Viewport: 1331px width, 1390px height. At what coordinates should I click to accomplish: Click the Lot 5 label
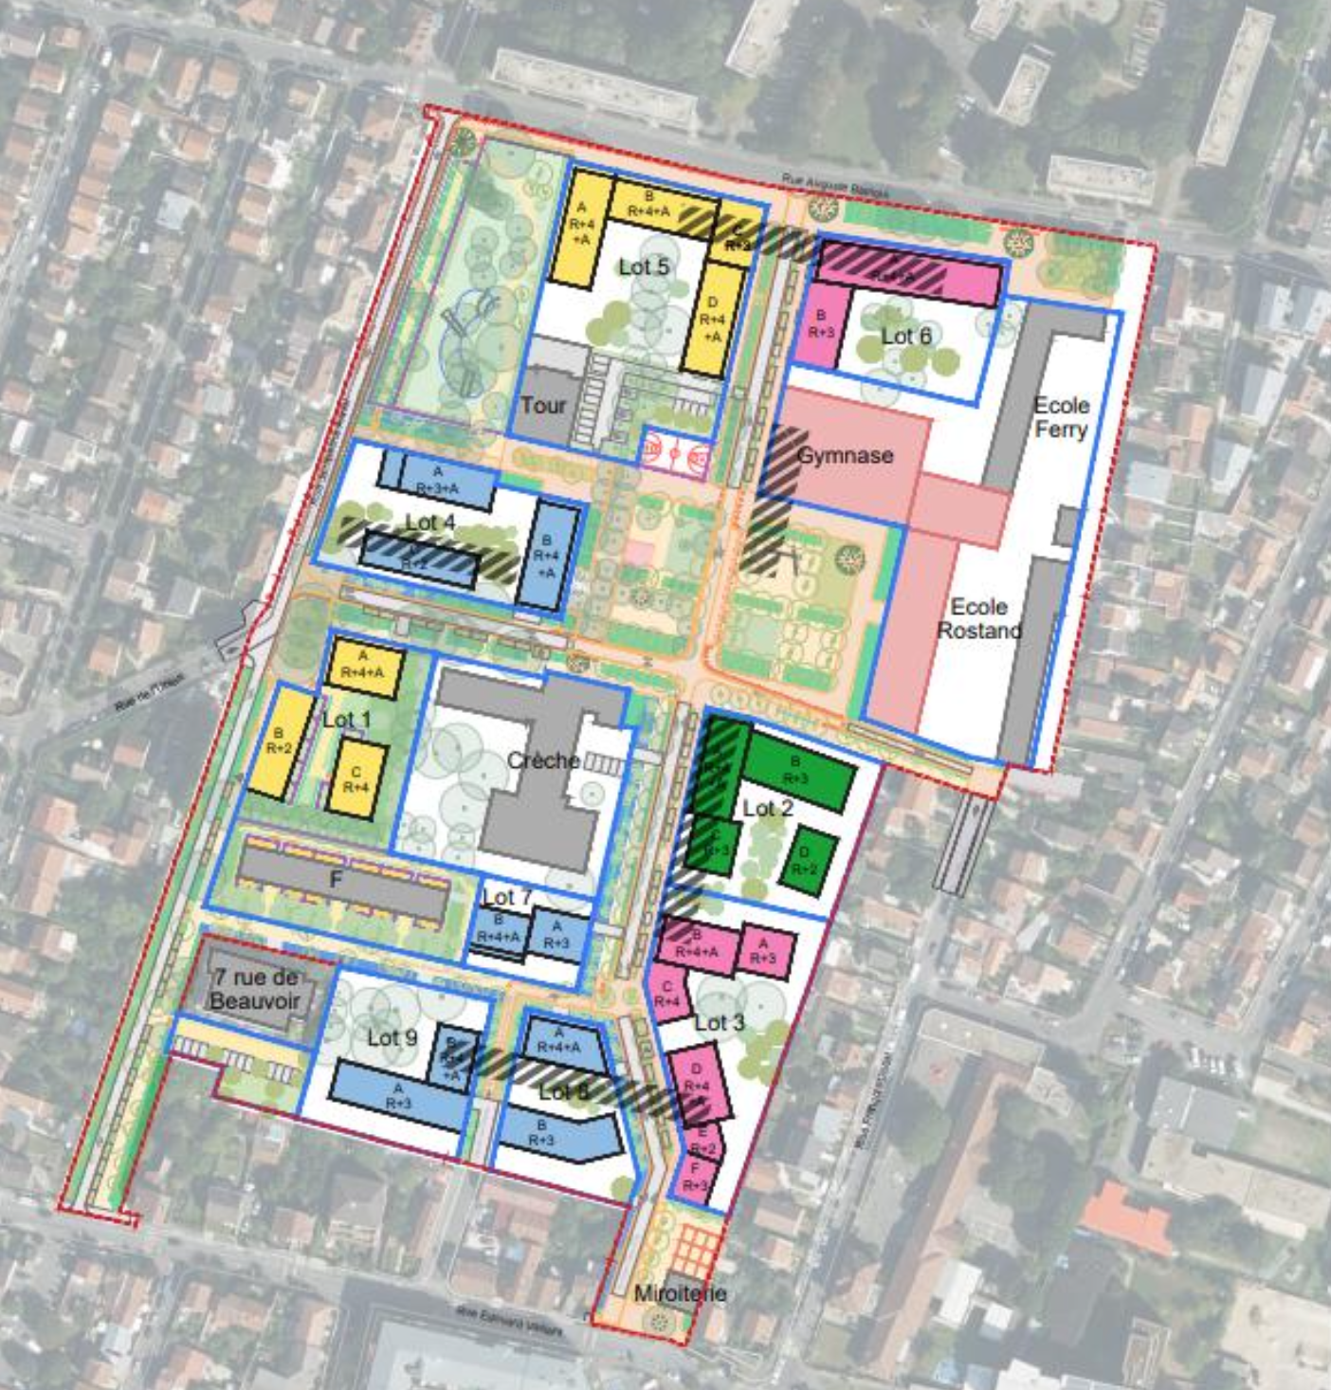coord(644,267)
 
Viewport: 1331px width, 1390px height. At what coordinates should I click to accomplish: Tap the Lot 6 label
coord(905,336)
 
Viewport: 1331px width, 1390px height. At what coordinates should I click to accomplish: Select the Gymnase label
coord(845,455)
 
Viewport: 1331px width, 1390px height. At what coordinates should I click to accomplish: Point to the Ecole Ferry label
coord(1061,417)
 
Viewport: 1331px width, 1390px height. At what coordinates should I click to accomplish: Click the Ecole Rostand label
coord(978,618)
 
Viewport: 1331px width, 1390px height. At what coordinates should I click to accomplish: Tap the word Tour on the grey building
coord(543,406)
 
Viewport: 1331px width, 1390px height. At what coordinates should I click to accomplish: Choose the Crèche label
coord(542,760)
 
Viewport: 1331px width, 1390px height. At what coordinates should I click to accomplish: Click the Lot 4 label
coord(429,522)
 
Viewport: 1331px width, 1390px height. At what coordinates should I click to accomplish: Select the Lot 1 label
coord(346,720)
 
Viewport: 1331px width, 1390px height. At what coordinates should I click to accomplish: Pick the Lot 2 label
coord(767,809)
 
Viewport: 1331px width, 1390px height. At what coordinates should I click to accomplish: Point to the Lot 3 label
coord(719,1023)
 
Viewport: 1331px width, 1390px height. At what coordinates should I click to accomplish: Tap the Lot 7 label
coord(506,897)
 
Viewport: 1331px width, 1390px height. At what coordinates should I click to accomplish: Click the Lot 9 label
coord(392,1038)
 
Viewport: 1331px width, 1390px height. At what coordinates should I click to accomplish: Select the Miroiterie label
coord(680,1293)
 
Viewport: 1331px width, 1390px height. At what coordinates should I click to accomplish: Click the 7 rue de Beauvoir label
coord(256,989)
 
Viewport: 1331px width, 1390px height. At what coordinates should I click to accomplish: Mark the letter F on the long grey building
coord(335,880)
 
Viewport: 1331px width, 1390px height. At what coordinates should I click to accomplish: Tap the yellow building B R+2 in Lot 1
coord(280,742)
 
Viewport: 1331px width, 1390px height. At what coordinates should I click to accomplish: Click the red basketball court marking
coord(674,453)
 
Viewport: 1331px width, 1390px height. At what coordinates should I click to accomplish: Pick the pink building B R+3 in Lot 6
coord(821,324)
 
